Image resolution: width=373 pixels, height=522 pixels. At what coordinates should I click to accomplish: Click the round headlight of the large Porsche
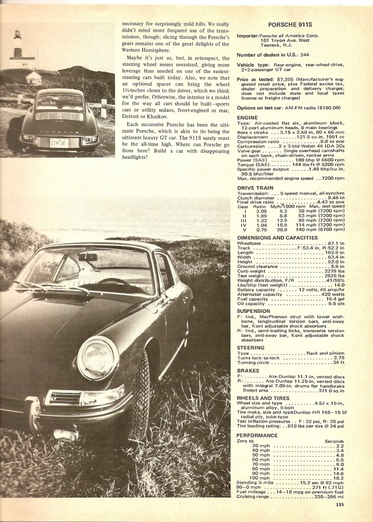coord(98,358)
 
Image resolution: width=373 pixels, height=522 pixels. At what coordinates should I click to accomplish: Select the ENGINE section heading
coord(248,117)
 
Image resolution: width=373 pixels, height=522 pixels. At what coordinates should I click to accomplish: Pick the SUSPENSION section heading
coord(254,310)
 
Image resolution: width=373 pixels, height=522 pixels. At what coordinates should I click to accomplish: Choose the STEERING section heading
coord(251,347)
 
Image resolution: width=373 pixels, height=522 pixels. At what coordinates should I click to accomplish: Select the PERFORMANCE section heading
coord(257,435)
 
